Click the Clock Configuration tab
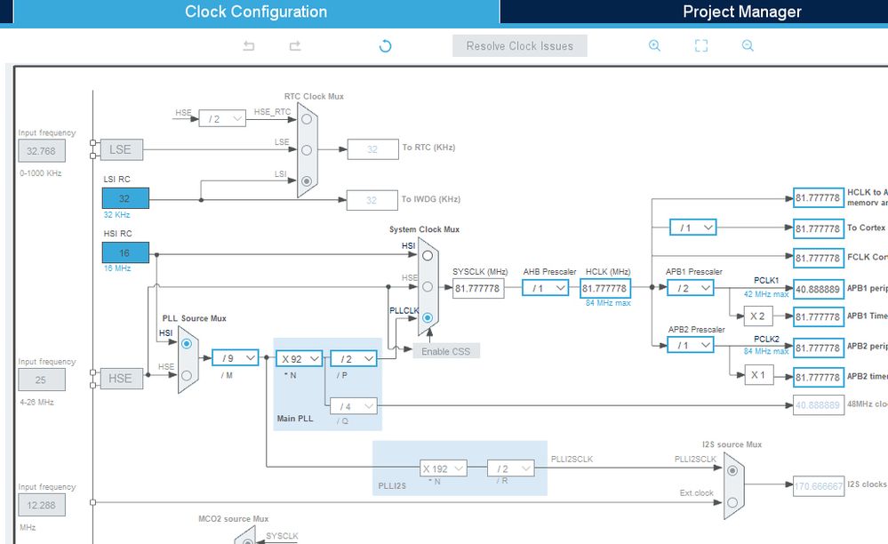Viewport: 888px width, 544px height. click(x=256, y=12)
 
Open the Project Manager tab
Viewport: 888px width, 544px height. click(x=741, y=12)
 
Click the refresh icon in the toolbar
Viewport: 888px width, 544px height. click(x=385, y=46)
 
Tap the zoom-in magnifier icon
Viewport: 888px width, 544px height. click(x=655, y=46)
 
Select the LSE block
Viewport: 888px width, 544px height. click(x=120, y=149)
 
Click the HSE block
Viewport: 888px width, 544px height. click(x=120, y=378)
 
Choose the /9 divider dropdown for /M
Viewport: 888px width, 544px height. click(x=236, y=358)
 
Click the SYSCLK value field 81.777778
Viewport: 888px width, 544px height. click(x=478, y=288)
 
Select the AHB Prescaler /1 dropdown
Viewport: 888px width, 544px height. click(x=545, y=288)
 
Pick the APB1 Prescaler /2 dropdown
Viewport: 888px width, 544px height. click(x=691, y=288)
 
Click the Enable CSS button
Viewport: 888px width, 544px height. click(x=446, y=351)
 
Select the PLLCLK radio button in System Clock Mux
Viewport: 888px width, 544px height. click(x=428, y=317)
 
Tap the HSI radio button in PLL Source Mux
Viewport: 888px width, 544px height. click(x=187, y=342)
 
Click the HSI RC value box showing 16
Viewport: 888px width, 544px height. click(x=125, y=252)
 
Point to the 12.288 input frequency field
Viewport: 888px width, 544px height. click(x=41, y=506)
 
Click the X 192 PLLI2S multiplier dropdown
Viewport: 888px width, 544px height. click(x=443, y=468)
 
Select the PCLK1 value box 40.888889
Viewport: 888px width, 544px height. click(x=817, y=288)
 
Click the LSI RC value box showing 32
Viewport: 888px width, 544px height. click(x=125, y=198)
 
